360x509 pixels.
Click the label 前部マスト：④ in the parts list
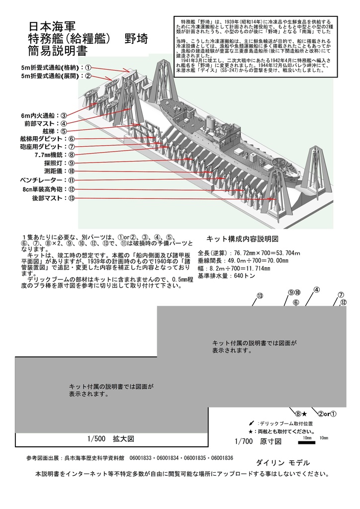(x=45, y=123)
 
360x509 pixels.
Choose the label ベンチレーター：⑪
(x=47, y=180)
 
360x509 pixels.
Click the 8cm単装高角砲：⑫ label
(x=47, y=189)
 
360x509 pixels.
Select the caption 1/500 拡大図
(x=109, y=439)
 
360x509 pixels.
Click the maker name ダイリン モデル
(x=282, y=462)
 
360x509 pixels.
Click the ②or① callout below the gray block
(x=328, y=413)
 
